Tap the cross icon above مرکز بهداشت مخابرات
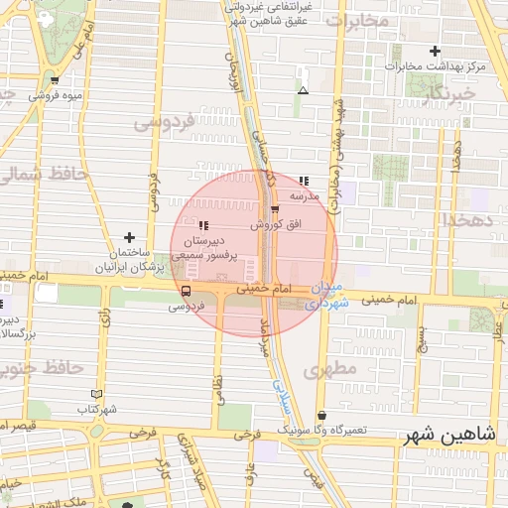435,51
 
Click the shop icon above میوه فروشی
54,80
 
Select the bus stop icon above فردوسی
186,291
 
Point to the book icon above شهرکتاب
95,394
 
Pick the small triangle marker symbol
303,90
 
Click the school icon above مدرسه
304,181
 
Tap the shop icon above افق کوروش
275,208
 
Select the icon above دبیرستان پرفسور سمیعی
203,225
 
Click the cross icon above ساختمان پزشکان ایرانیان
129,237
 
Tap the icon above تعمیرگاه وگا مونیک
320,416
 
